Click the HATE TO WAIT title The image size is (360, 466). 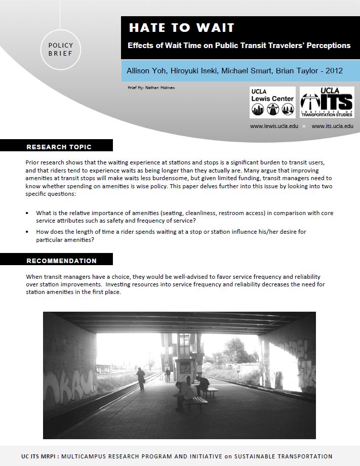(x=181, y=28)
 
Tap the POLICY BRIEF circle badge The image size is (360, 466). (x=61, y=49)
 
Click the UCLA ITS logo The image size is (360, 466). (x=327, y=103)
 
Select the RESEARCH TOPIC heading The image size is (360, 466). (x=59, y=147)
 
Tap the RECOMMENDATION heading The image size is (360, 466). (x=61, y=261)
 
